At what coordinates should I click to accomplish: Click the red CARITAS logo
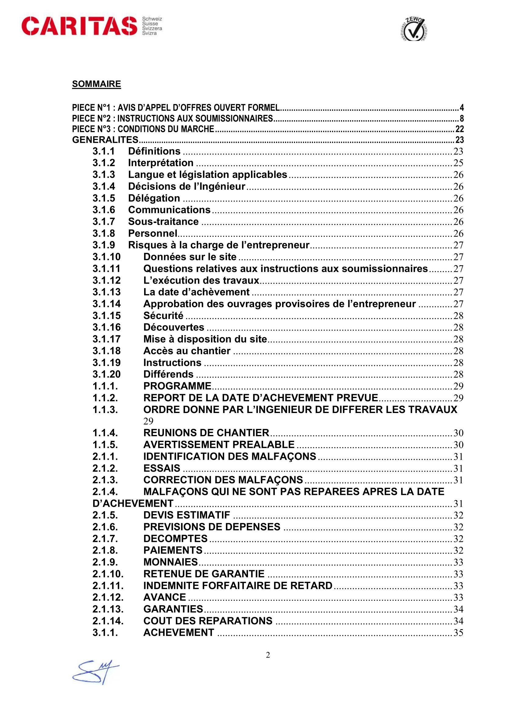click(x=79, y=26)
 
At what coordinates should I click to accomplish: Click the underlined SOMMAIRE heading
click(x=96, y=84)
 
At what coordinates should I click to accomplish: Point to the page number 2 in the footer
click(x=268, y=655)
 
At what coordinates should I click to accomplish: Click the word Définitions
click(x=154, y=151)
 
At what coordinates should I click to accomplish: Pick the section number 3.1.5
click(x=104, y=198)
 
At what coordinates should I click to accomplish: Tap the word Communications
click(x=169, y=210)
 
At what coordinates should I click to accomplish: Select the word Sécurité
click(x=163, y=315)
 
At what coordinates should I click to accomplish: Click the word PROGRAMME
click(x=177, y=386)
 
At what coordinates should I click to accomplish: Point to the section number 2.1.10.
click(x=108, y=574)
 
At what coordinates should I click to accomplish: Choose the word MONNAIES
click(x=170, y=562)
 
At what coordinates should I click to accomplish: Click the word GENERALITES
click(x=105, y=140)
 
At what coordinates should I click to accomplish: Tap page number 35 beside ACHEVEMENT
click(x=458, y=633)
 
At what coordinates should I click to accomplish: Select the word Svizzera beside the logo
click(x=152, y=28)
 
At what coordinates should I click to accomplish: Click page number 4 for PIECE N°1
click(x=461, y=107)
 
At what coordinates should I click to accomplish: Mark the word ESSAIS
click(x=162, y=468)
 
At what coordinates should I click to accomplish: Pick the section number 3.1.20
click(x=106, y=374)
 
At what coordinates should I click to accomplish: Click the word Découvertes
click(x=173, y=327)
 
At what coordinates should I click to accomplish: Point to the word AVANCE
click(x=165, y=597)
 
